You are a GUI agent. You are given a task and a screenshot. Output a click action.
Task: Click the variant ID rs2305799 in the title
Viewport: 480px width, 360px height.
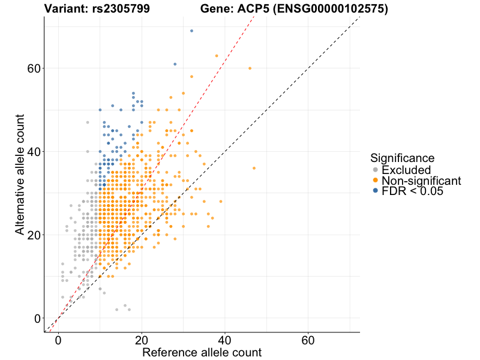[x=117, y=9]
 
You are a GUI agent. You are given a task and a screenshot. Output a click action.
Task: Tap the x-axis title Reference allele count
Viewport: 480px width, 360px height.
[x=202, y=352]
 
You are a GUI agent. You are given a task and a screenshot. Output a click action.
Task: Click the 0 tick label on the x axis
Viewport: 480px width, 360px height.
[x=58, y=340]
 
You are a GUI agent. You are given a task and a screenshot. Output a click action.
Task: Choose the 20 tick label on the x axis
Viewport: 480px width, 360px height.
[x=142, y=340]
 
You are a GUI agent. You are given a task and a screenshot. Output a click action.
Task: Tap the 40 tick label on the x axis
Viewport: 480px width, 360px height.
[x=225, y=340]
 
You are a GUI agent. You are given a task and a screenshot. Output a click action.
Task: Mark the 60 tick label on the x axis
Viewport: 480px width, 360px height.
[x=308, y=340]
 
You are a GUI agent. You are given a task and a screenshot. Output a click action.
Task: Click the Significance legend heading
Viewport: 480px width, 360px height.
[x=402, y=158]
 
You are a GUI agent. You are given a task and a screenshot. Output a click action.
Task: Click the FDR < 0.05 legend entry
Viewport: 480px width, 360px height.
[x=412, y=191]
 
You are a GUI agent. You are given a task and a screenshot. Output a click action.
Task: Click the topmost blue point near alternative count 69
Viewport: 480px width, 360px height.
[x=191, y=31]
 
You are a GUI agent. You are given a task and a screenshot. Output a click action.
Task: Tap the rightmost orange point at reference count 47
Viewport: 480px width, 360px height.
[x=254, y=168]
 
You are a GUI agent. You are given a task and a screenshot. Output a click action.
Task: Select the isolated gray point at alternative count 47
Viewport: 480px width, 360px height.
[x=88, y=122]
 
